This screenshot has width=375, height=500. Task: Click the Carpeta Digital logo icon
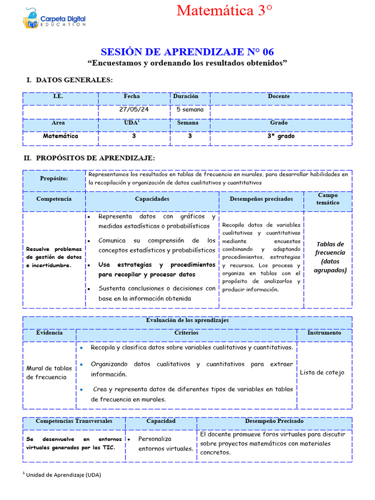pos(31,18)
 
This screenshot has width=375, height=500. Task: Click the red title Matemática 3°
pos(224,11)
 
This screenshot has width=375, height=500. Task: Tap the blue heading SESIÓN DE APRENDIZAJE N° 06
pos(187,52)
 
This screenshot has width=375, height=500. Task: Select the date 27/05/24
pos(134,109)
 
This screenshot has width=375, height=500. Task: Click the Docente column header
pos(278,96)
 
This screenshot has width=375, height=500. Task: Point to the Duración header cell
pos(186,96)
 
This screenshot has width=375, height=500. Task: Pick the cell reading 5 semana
pos(190,109)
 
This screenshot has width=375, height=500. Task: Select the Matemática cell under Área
pos(60,136)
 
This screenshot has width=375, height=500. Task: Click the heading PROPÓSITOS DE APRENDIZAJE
pos(95,158)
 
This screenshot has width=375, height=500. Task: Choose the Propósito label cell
pos(54,178)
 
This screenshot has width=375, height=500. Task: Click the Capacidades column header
pos(152,199)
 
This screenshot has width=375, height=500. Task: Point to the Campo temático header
pos(328,199)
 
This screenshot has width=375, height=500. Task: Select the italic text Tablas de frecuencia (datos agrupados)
pos(330,257)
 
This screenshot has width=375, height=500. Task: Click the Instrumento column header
pos(324,333)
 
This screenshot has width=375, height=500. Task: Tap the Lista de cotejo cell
pos(322,373)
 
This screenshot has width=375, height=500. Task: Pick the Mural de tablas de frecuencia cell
pos(49,373)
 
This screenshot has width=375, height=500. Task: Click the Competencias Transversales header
pos(74,421)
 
